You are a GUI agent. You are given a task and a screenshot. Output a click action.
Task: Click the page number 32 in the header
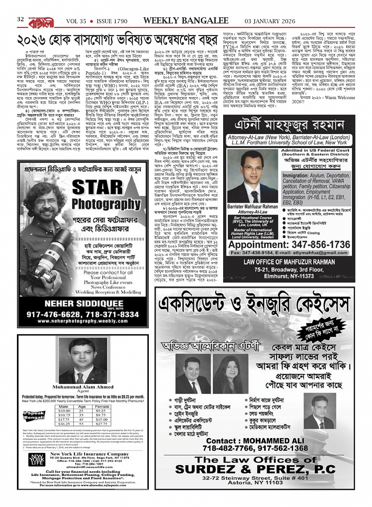(x=21, y=19)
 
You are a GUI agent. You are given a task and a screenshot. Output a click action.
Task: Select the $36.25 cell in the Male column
(x=64, y=424)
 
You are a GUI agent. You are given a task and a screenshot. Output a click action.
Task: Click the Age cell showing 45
(x=82, y=419)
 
